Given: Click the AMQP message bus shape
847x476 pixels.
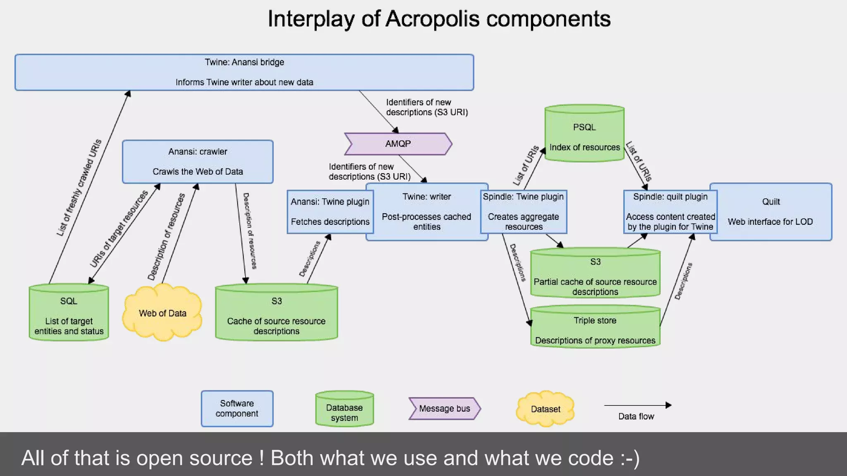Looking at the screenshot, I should tap(398, 144).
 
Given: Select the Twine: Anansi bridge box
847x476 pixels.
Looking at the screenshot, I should tap(244, 72).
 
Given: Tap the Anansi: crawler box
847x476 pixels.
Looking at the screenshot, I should tap(198, 162).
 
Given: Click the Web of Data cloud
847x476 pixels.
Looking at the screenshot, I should tap(163, 313).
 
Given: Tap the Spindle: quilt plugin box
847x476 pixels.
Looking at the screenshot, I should tap(670, 212).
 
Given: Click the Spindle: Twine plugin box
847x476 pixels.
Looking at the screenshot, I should tap(523, 212).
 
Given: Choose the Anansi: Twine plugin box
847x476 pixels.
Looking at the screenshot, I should tap(330, 212).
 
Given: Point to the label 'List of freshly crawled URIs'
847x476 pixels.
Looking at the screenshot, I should tap(79, 188).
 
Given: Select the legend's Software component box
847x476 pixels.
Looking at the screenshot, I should tap(237, 408).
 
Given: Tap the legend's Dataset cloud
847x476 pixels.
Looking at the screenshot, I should tap(545, 409).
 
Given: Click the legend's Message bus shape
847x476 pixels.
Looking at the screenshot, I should tap(445, 409).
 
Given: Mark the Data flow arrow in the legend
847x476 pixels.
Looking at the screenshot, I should tap(637, 405).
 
